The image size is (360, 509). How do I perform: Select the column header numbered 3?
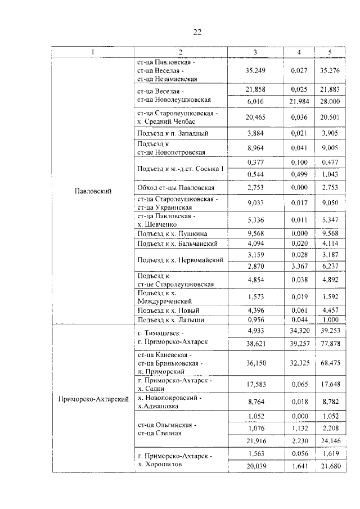(255, 52)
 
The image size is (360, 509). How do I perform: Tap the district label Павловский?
(93, 191)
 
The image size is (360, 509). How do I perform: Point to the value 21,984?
(299, 100)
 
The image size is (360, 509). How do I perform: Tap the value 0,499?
(299, 174)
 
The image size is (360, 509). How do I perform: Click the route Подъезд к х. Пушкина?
(172, 233)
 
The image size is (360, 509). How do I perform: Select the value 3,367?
(299, 265)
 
